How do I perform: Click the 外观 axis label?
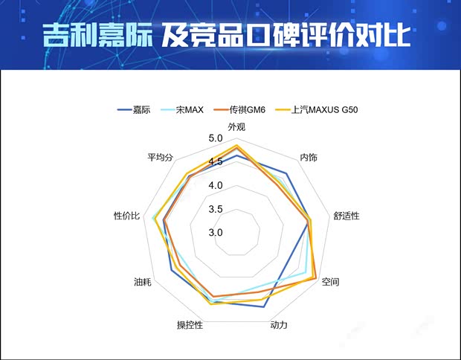(x=236, y=126)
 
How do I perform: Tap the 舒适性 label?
(x=346, y=216)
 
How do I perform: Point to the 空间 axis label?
(x=331, y=283)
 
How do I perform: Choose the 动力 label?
(x=279, y=325)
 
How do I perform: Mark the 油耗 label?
(x=143, y=283)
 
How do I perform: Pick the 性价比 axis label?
(x=126, y=216)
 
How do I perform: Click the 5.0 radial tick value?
(x=216, y=138)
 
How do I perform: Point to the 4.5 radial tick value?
(x=216, y=162)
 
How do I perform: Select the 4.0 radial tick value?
(x=216, y=185)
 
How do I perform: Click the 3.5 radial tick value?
(x=216, y=209)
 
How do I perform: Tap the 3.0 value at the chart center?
(x=216, y=232)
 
